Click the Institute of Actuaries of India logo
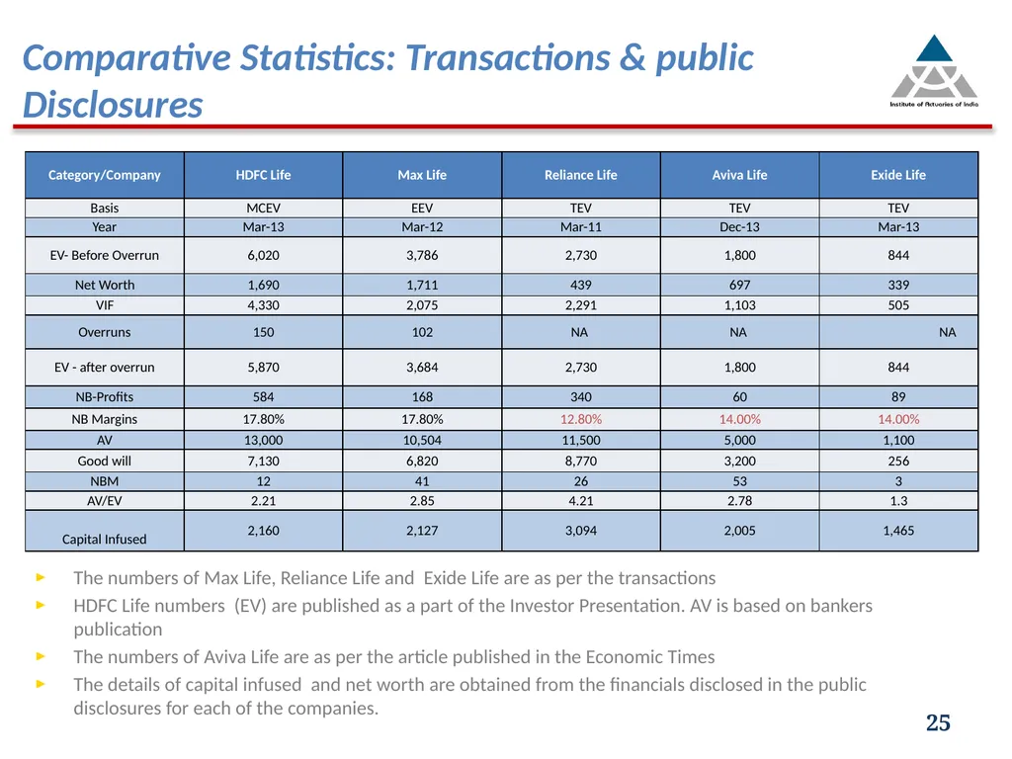click(x=934, y=70)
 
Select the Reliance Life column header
click(x=581, y=175)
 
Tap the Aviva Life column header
click(x=739, y=175)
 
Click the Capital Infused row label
click(x=104, y=539)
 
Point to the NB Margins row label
click(x=104, y=419)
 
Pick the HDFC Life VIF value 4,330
click(x=263, y=305)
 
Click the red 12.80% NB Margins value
click(x=581, y=419)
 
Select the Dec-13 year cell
click(x=739, y=227)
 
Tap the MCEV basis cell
click(x=263, y=208)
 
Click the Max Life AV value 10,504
click(x=422, y=440)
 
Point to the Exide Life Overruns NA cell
click(x=948, y=332)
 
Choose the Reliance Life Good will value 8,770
click(x=581, y=461)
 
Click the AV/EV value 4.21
click(x=581, y=501)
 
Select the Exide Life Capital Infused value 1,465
click(x=898, y=531)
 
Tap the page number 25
click(x=938, y=722)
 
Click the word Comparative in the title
click(x=126, y=57)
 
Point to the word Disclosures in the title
click(x=113, y=105)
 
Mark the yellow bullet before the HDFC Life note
click(x=41, y=605)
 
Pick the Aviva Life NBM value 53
click(x=739, y=481)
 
